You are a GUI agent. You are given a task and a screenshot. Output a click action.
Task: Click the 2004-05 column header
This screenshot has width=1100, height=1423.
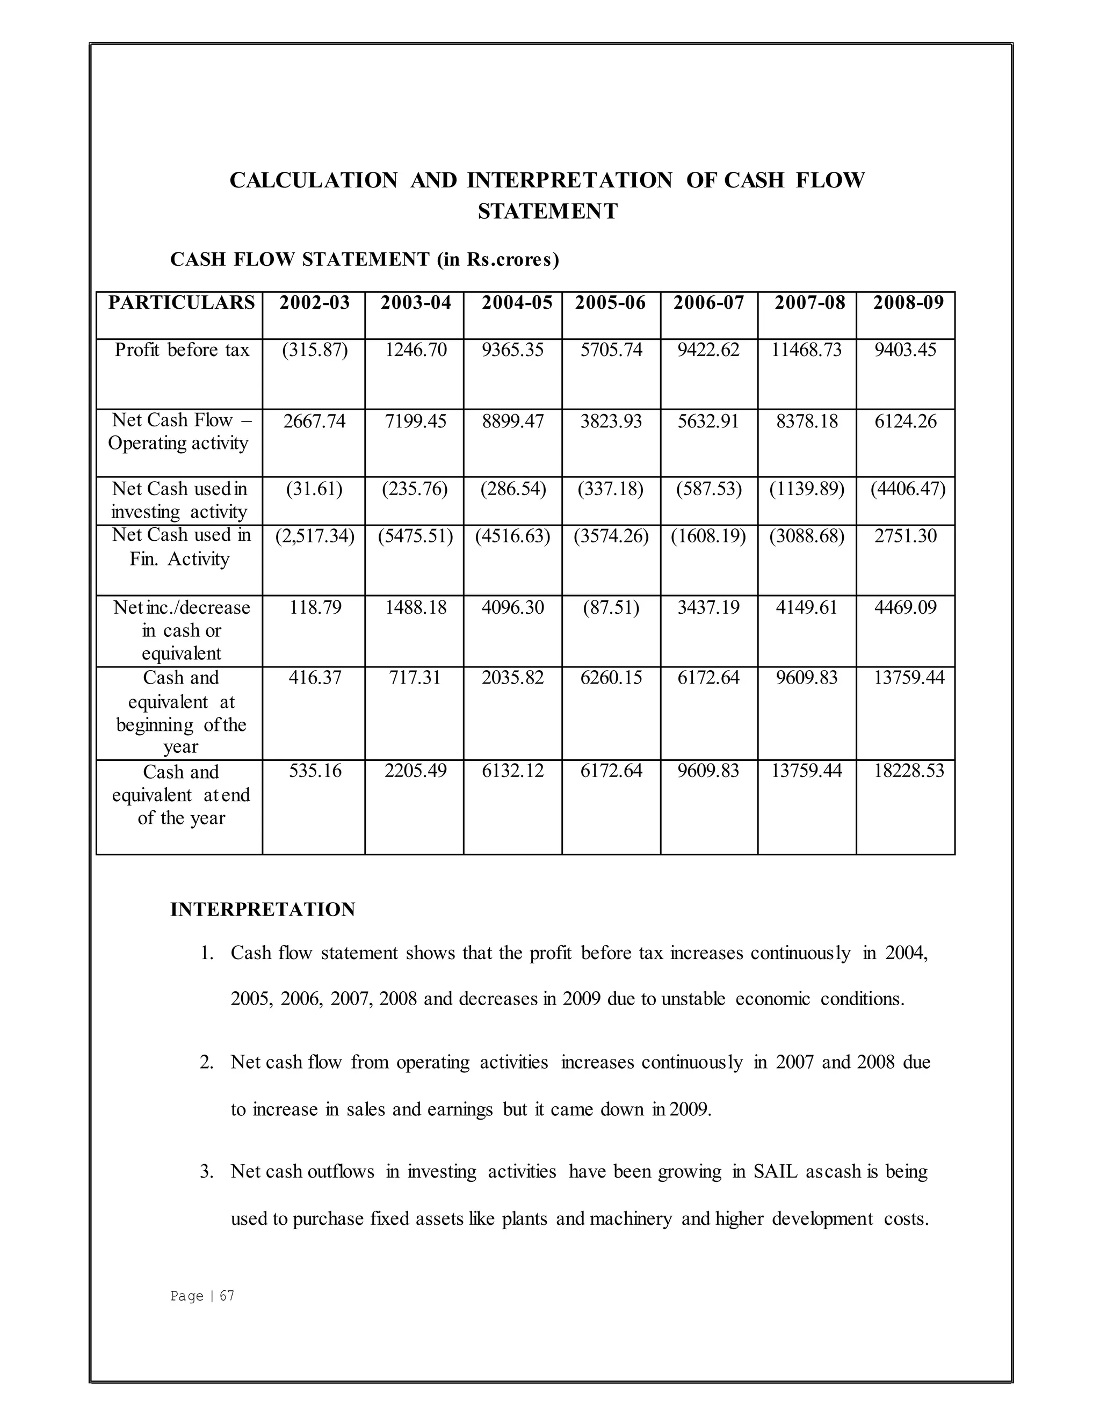tap(517, 303)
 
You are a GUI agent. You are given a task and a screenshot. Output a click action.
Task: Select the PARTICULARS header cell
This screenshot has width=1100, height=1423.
tap(181, 303)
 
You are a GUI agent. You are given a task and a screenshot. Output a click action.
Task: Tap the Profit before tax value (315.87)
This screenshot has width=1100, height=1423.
tap(315, 351)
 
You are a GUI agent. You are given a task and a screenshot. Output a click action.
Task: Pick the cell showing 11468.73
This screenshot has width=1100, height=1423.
tap(806, 351)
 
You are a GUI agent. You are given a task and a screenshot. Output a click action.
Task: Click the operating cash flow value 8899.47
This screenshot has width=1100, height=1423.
tap(513, 422)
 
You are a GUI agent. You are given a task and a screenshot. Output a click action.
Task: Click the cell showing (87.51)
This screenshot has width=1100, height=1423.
tap(611, 608)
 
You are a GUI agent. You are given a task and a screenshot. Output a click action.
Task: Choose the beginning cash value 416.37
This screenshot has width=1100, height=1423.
tap(315, 678)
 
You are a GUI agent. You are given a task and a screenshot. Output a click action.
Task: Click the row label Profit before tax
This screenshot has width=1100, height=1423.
tap(182, 351)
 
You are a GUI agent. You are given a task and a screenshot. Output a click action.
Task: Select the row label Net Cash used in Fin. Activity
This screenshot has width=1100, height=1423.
tap(180, 547)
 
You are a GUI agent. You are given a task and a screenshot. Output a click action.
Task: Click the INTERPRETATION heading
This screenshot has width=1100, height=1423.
tap(263, 910)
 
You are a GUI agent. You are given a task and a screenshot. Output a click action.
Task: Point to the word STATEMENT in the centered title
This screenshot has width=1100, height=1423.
tap(547, 212)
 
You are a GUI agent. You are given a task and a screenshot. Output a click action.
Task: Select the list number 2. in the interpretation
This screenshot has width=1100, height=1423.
tap(207, 1062)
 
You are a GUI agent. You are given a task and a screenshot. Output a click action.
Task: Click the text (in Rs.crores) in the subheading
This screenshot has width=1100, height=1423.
tap(498, 260)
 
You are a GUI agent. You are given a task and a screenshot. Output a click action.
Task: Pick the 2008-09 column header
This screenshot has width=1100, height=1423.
tap(908, 303)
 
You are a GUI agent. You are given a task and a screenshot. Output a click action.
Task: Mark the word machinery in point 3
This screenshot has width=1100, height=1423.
tap(630, 1218)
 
